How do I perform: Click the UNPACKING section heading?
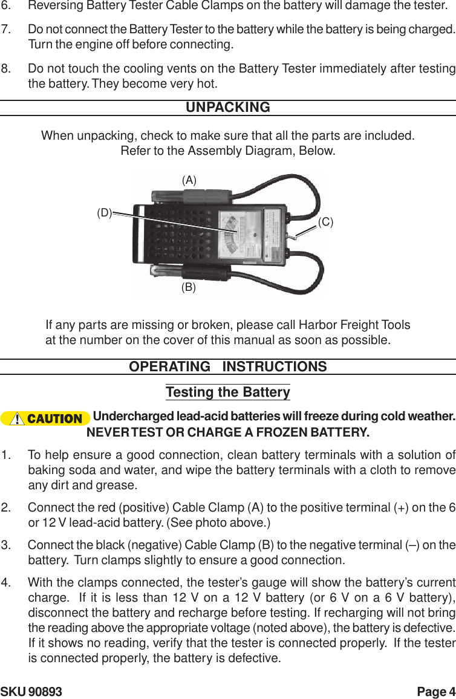[227, 108]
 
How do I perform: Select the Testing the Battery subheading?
[227, 392]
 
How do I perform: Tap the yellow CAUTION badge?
[46, 418]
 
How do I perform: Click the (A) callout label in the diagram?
[189, 180]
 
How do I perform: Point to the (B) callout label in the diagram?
[189, 288]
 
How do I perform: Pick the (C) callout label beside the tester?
[326, 222]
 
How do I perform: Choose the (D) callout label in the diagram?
[105, 213]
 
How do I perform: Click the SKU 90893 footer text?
[31, 692]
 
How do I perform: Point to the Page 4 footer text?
[436, 692]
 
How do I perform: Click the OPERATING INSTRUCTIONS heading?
[227, 367]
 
